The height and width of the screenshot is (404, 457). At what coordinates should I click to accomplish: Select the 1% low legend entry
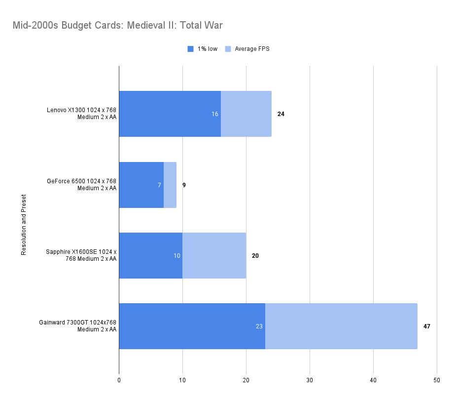point(203,49)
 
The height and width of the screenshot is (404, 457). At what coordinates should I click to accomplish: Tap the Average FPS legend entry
point(247,49)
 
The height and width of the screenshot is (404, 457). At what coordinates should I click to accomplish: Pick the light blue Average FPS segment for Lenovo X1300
point(246,114)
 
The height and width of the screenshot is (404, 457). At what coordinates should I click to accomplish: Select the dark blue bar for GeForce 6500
point(141,185)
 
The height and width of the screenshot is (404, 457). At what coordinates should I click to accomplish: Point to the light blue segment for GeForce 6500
point(170,185)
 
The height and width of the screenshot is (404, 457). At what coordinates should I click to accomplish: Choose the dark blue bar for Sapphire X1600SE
point(150,256)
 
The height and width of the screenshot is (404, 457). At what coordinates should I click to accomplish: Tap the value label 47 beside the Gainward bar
point(427,326)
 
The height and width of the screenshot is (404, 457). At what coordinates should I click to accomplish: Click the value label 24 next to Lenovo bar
point(281,114)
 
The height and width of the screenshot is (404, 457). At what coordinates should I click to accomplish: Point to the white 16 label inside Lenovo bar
point(215,114)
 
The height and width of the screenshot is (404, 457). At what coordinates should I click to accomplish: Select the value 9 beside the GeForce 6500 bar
point(184,185)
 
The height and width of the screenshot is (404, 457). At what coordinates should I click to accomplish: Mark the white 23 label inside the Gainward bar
point(259,326)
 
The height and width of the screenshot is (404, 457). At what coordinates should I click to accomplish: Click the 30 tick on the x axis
point(310,380)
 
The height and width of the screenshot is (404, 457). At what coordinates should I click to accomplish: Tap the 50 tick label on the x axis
point(437,380)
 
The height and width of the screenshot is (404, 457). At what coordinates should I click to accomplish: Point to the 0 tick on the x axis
point(119,380)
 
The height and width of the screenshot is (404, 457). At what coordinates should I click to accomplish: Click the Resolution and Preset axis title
point(24,225)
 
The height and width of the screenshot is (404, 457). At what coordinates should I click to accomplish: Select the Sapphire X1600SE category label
point(81,255)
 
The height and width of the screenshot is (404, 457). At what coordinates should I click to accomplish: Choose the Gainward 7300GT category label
point(78,326)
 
